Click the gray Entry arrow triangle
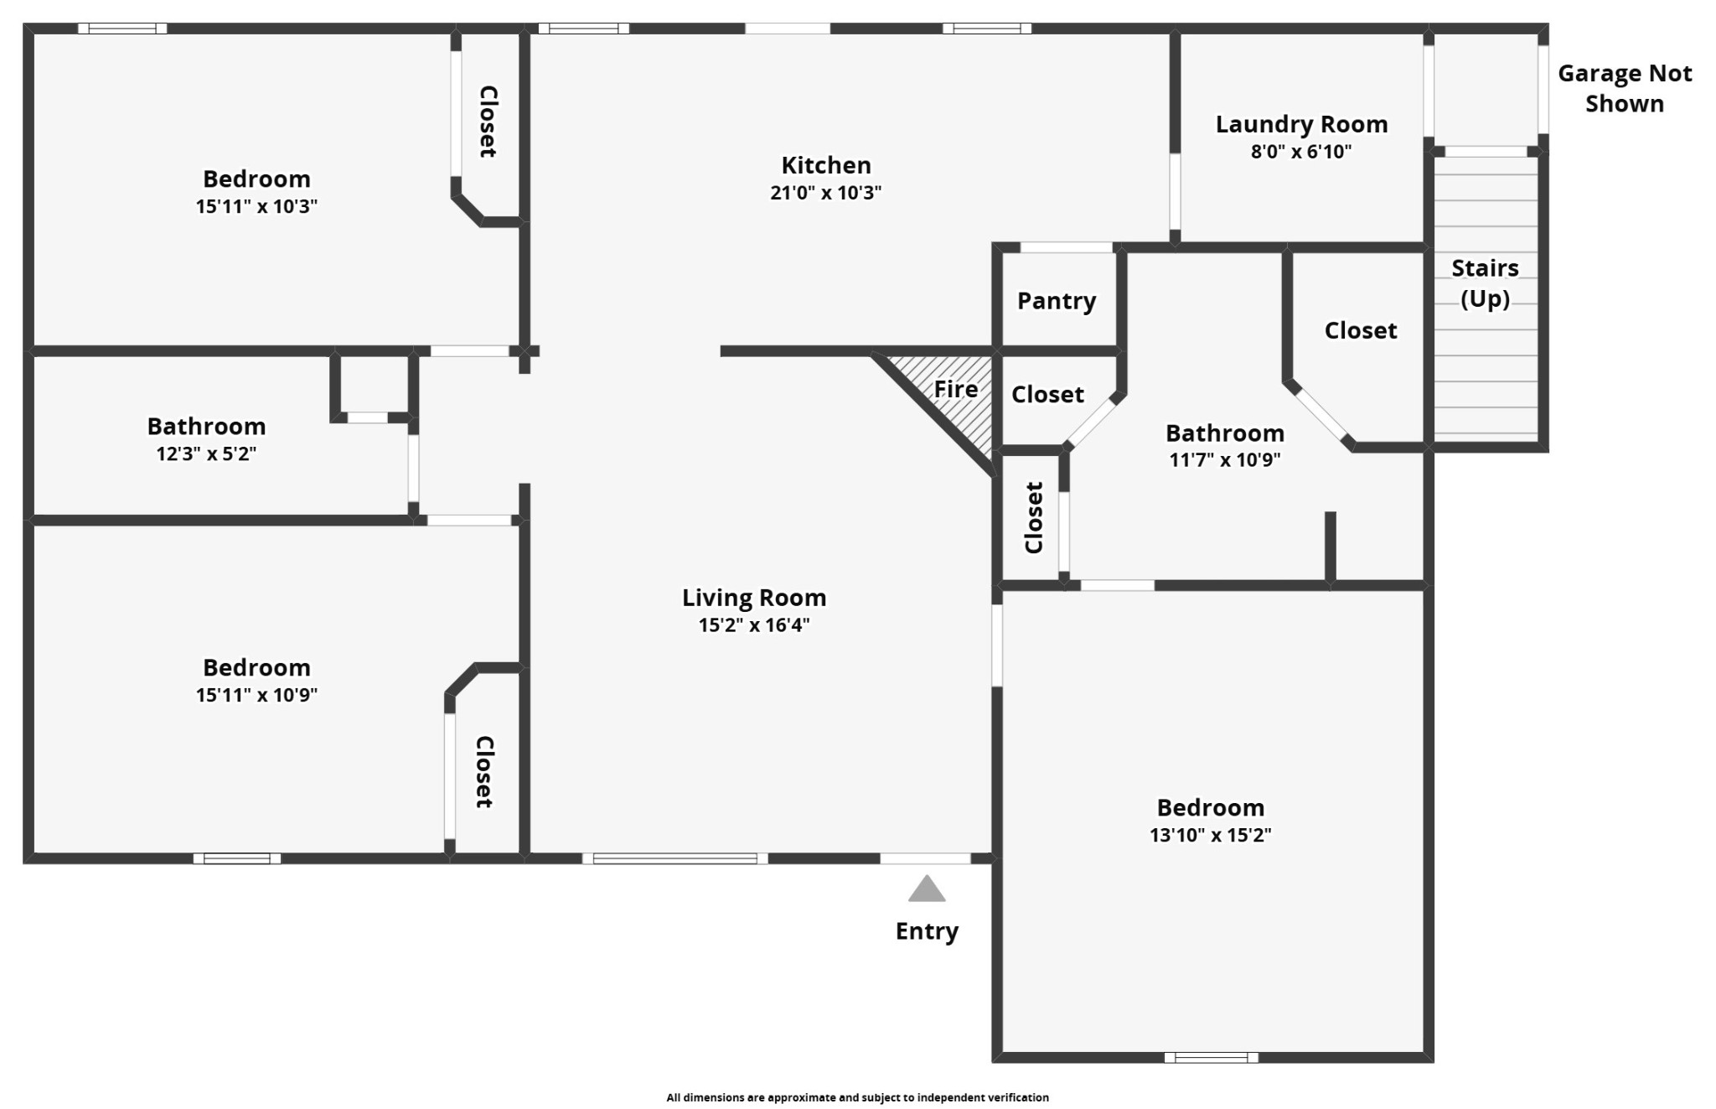tap(927, 889)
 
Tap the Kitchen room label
tap(826, 165)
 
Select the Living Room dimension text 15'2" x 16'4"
tap(754, 624)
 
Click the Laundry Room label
tap(1301, 125)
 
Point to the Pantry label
tap(1057, 301)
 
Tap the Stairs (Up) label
tap(1485, 283)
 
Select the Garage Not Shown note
tap(1625, 89)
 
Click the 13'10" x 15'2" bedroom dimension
tap(1210, 835)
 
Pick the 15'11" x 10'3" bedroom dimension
tap(256, 206)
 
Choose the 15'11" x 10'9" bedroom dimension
tap(256, 695)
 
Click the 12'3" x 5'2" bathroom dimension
tap(206, 453)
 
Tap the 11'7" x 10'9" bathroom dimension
tap(1225, 459)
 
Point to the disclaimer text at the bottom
tap(857, 1097)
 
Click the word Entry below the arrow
tap(927, 931)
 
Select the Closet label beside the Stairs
tap(1361, 330)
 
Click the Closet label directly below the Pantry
tap(1047, 394)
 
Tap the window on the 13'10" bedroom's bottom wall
tap(1211, 1058)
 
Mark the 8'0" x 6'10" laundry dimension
tap(1301, 152)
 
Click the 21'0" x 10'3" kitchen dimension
tap(826, 193)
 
